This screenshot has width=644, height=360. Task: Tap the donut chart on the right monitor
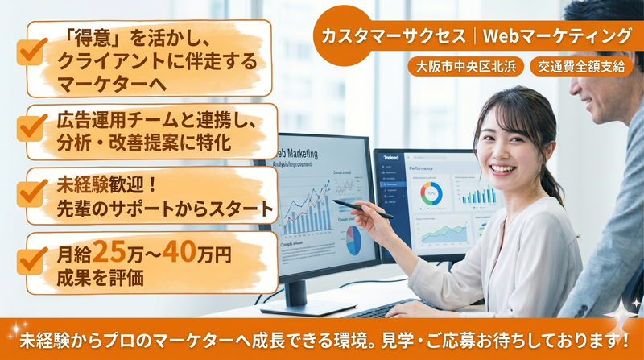pyautogui.click(x=431, y=193)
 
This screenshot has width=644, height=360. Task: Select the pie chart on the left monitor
pyautogui.click(x=353, y=239)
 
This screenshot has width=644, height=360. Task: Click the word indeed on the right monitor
pyautogui.click(x=392, y=158)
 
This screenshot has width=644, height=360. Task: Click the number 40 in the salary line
pyautogui.click(x=177, y=253)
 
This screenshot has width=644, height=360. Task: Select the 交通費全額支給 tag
pyautogui.click(x=582, y=67)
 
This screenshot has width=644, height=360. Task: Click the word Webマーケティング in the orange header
pyautogui.click(x=557, y=35)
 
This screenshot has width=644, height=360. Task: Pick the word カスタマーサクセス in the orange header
pyautogui.click(x=393, y=35)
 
